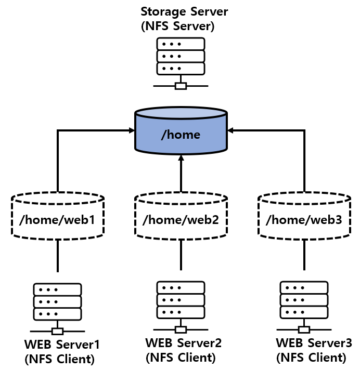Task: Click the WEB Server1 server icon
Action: pyautogui.click(x=57, y=301)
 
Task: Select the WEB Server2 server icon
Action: pyautogui.click(x=181, y=300)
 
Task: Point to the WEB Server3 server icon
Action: pyautogui.click(x=304, y=300)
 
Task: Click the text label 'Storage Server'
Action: pyautogui.click(x=184, y=11)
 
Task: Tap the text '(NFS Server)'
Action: pyautogui.click(x=177, y=26)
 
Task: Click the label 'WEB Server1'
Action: pyautogui.click(x=62, y=344)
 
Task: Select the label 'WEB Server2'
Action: pyautogui.click(x=184, y=342)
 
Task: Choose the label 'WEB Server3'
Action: pyautogui.click(x=314, y=343)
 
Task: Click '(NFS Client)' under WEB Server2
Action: pyautogui.click(x=181, y=357)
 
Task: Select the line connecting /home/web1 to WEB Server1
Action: pyautogui.click(x=57, y=256)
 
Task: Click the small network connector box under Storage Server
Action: pyautogui.click(x=180, y=86)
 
